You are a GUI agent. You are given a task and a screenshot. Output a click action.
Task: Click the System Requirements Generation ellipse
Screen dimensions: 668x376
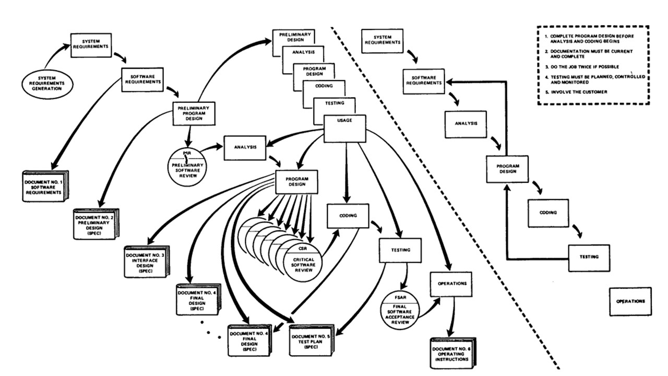(x=47, y=84)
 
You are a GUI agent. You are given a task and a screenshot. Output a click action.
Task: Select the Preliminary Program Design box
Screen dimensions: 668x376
(x=194, y=113)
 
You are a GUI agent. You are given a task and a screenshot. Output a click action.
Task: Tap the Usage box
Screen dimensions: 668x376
(x=345, y=128)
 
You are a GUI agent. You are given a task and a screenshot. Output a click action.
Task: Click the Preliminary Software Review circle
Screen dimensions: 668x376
(x=187, y=167)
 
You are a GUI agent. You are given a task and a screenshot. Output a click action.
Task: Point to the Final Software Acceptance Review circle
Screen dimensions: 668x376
(x=400, y=310)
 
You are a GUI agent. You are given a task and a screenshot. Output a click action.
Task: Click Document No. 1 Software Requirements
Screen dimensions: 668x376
(x=45, y=186)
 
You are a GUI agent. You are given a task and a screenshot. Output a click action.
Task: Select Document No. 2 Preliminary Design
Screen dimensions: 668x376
(x=96, y=224)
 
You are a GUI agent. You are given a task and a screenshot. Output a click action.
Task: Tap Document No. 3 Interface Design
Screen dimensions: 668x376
(x=147, y=262)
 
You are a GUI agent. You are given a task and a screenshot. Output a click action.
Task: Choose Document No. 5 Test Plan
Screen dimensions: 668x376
(x=312, y=340)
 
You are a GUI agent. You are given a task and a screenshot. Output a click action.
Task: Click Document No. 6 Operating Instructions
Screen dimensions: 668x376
(x=453, y=354)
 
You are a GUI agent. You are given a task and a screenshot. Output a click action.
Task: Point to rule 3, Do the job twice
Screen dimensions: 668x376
(x=582, y=67)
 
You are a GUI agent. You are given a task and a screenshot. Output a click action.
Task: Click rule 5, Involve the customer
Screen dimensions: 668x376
(x=577, y=92)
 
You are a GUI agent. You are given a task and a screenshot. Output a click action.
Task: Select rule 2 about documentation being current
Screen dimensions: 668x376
(x=589, y=54)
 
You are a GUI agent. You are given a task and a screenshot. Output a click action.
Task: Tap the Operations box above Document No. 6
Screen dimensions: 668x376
(x=451, y=284)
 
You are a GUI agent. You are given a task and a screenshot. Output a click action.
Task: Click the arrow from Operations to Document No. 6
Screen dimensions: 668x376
(x=452, y=317)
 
